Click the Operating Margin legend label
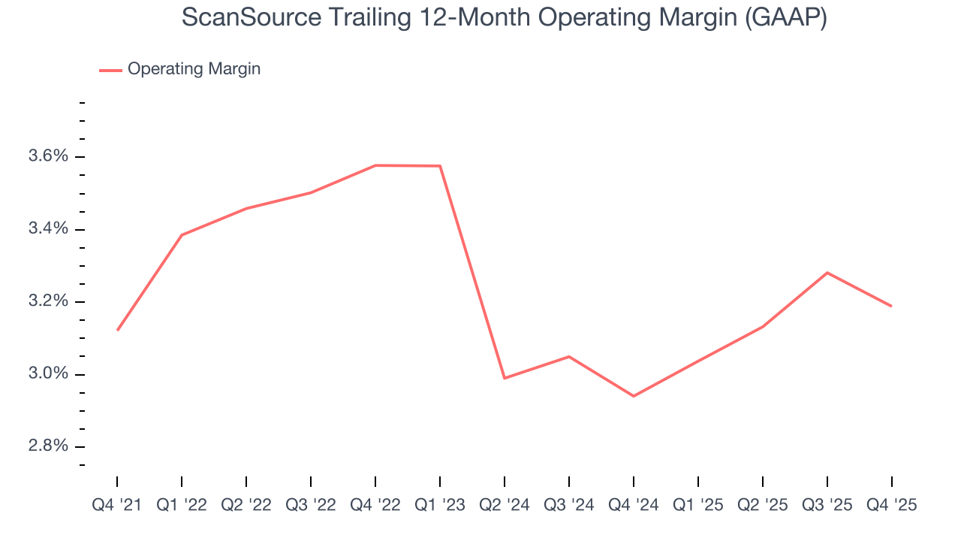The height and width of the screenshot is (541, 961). [x=194, y=69]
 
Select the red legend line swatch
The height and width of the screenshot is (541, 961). [x=110, y=70]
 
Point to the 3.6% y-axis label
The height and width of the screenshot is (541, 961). [x=48, y=156]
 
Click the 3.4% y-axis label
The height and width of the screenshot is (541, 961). [x=48, y=229]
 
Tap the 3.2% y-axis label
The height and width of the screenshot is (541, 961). [x=48, y=301]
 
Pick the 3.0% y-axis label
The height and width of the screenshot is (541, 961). [x=48, y=374]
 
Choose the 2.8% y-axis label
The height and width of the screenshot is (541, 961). [x=48, y=446]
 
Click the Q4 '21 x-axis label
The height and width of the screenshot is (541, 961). [x=117, y=506]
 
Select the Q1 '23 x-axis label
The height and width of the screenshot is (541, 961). [x=440, y=506]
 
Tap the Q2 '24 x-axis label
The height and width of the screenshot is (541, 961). [x=505, y=506]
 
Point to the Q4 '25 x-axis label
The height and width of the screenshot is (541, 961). [x=892, y=506]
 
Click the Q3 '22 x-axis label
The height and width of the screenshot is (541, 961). [x=311, y=506]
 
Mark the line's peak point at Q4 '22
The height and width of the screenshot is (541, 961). [x=375, y=165]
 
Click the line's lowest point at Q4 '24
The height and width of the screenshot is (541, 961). [x=634, y=396]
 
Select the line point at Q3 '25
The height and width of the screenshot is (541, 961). [x=827, y=273]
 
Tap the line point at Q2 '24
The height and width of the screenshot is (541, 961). [x=505, y=378]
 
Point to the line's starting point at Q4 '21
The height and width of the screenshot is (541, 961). [x=118, y=330]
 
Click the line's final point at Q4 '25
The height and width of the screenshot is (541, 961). [x=891, y=306]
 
